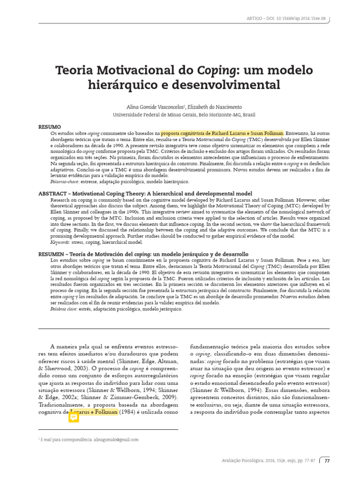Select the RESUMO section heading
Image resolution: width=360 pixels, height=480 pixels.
(x=49, y=127)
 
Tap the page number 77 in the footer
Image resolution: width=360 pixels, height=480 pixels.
(x=327, y=461)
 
